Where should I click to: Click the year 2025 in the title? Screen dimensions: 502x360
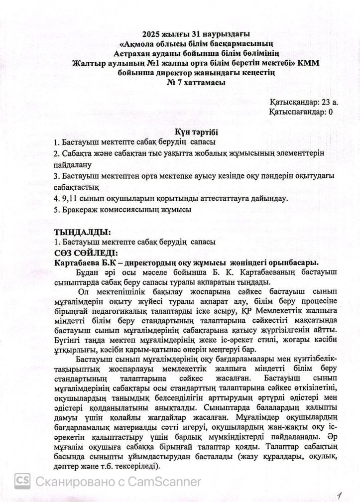point(150,34)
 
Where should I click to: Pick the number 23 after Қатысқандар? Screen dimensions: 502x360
point(324,102)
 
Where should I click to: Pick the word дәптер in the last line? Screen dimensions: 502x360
point(69,466)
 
